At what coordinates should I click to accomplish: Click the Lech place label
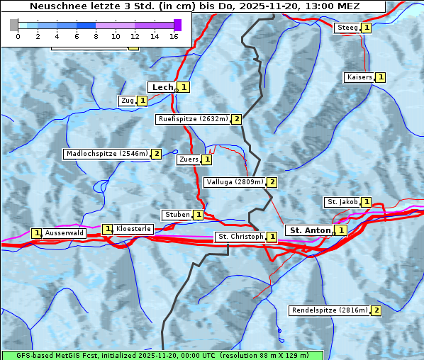pos(162,87)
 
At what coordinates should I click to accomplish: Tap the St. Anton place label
pos(311,230)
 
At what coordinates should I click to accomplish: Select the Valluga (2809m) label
pos(235,182)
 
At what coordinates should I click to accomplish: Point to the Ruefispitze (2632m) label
pos(193,119)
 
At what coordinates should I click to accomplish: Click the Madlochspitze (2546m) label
pos(106,154)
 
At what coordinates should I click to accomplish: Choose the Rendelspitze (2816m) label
pos(330,310)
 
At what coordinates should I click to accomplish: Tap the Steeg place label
pos(347,28)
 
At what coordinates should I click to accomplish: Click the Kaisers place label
pos(359,77)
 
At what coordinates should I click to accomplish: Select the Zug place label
pos(128,101)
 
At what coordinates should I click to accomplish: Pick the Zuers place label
pos(189,159)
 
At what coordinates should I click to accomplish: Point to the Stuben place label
pos(177,215)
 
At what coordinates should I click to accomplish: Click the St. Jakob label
pos(342,202)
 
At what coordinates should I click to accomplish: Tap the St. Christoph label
pos(240,237)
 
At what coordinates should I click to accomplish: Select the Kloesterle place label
pos(133,229)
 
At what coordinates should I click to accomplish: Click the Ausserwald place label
pos(65,233)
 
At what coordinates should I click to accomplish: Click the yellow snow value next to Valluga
pos(272,182)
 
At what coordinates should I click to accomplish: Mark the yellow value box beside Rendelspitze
pos(376,310)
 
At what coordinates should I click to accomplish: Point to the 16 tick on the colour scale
pos(174,35)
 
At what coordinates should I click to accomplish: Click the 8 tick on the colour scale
pos(96,35)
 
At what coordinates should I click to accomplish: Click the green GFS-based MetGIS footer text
pos(162,354)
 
